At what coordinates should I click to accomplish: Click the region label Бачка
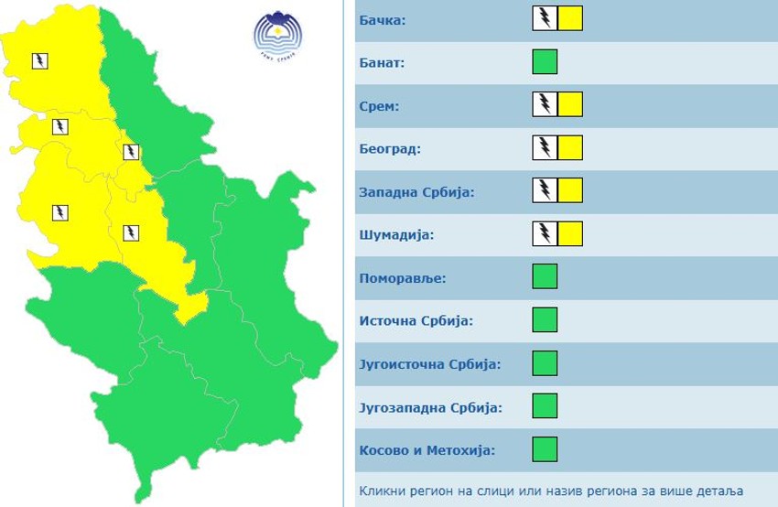point(383,19)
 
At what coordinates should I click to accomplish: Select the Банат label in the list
point(383,63)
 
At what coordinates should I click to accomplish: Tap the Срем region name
point(380,105)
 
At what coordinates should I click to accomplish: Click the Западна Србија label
point(416,191)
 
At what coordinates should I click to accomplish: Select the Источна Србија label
point(416,321)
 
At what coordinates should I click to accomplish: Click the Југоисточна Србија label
point(430,364)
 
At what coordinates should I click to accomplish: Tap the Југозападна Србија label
point(431,407)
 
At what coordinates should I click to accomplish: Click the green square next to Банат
point(545,62)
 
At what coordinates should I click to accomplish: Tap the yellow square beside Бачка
point(570,19)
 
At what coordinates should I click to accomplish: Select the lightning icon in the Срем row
point(545,105)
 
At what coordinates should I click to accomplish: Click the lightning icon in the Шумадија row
point(545,234)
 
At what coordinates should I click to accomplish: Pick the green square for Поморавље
point(545,277)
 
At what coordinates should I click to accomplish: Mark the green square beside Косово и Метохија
point(545,449)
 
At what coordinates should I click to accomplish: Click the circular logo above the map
point(277,36)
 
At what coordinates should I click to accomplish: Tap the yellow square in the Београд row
point(570,148)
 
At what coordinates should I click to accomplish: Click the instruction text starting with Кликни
point(551,491)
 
